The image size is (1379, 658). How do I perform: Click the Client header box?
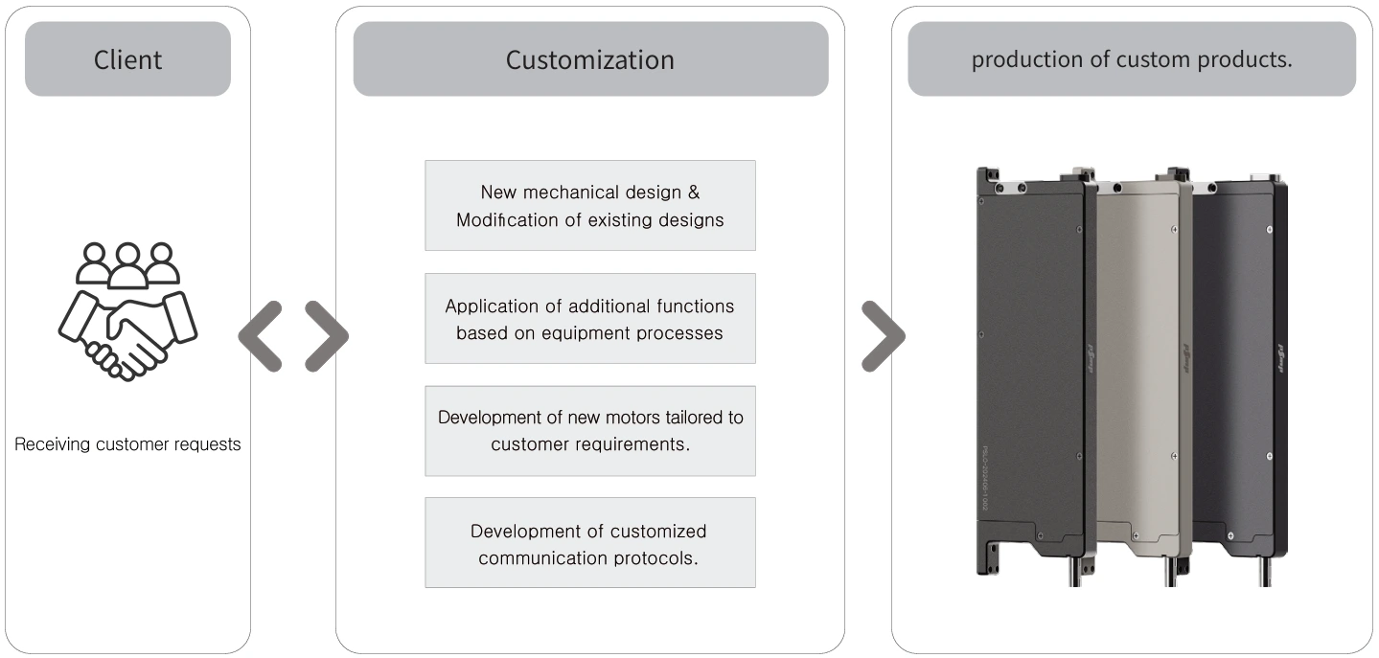[x=128, y=59]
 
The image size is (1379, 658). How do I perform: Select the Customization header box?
[x=590, y=59]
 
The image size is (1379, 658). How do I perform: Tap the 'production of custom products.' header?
[x=1132, y=59]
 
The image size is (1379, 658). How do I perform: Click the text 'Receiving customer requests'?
[x=127, y=443]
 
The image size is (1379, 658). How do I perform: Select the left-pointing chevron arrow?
[x=261, y=336]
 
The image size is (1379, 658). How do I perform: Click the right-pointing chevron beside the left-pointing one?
[x=326, y=336]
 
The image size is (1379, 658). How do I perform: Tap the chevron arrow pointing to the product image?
[x=884, y=336]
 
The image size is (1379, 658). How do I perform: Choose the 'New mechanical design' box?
[x=590, y=206]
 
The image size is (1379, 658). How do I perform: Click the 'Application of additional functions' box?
[x=590, y=319]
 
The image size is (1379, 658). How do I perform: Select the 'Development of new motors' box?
[x=590, y=431]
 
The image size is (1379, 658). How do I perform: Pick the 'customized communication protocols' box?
[x=590, y=543]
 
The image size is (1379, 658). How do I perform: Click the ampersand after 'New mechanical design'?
[x=694, y=193]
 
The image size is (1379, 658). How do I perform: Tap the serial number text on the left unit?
[x=984, y=478]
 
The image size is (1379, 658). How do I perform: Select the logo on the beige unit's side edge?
[x=1186, y=358]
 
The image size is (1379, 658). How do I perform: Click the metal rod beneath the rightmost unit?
[x=1266, y=572]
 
